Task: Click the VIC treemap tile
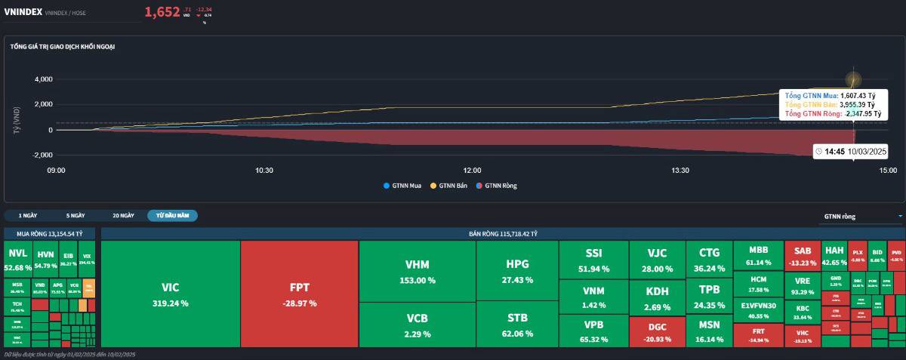click(x=170, y=294)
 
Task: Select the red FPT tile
click(x=300, y=294)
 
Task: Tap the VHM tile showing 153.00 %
click(x=417, y=271)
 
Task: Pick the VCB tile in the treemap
click(x=417, y=325)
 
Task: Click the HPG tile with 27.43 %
click(x=517, y=271)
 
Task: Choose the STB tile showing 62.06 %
click(x=517, y=325)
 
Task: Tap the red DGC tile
click(x=657, y=331)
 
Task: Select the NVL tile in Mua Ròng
click(x=18, y=260)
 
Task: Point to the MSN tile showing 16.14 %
click(x=709, y=331)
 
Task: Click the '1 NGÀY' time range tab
click(x=28, y=215)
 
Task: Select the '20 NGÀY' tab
click(x=123, y=215)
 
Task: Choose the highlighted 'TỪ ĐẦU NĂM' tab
click(x=172, y=215)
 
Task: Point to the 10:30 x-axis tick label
click(x=263, y=171)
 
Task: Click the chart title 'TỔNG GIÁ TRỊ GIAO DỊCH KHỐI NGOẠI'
click(x=63, y=47)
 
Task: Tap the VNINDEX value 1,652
click(x=162, y=11)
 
